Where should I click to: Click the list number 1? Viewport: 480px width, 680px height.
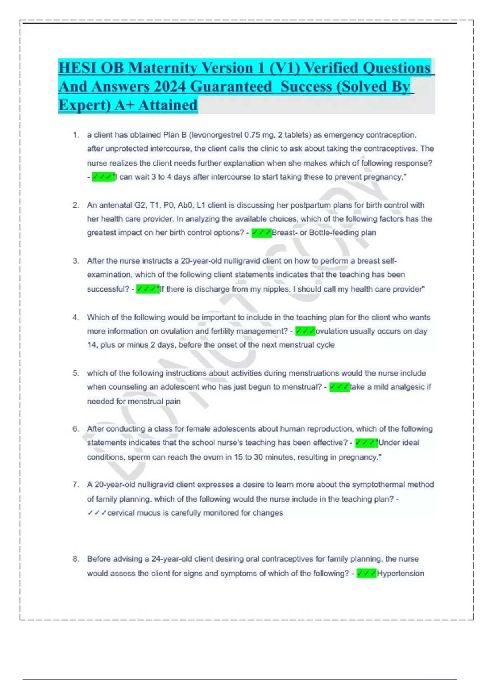click(76, 135)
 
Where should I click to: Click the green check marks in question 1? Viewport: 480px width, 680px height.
click(103, 177)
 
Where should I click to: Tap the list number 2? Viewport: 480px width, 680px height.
click(76, 205)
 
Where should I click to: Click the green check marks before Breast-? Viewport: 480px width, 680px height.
click(261, 232)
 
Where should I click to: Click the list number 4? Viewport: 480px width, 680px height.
click(76, 317)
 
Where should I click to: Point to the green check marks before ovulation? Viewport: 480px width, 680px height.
click(305, 331)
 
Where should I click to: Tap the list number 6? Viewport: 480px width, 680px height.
click(76, 429)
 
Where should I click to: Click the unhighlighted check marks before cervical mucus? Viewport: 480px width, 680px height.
click(97, 513)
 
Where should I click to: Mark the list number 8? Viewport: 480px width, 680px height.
click(76, 559)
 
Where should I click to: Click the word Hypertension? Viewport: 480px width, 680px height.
click(400, 573)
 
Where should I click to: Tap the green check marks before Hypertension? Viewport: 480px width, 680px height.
click(366, 573)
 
